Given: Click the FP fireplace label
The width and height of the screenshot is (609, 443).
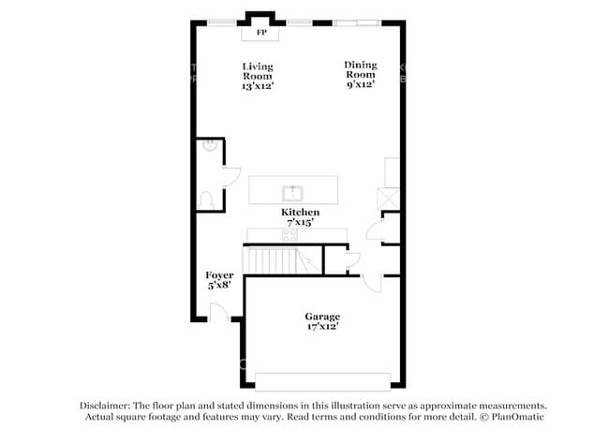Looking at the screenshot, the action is [261, 33].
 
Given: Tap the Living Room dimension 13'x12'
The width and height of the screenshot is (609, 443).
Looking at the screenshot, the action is [258, 86].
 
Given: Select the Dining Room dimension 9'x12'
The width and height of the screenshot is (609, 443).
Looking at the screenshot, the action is [361, 84].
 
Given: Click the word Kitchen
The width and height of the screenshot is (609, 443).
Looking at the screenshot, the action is [300, 212].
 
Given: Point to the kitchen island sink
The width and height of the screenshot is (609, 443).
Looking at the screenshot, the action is [292, 193].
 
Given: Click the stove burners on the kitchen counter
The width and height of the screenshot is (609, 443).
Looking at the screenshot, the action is [290, 234].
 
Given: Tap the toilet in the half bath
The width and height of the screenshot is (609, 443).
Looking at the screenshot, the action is [206, 200].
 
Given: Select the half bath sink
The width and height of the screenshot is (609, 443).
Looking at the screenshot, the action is [209, 145].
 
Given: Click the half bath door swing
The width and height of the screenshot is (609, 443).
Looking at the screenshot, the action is [231, 176].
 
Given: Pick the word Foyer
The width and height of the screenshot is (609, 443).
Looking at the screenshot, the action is [219, 275].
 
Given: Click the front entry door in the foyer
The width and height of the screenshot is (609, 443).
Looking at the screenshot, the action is [218, 312].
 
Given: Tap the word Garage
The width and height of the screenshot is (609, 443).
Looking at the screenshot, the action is [322, 317].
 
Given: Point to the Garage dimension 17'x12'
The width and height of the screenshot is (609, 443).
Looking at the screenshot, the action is [322, 327].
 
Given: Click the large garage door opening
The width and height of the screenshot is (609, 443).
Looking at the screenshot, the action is [322, 382].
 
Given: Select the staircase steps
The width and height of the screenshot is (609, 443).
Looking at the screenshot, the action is [282, 260].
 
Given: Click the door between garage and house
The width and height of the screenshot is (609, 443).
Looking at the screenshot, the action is [372, 283].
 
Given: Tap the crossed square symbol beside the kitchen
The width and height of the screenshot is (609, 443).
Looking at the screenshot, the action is [388, 199].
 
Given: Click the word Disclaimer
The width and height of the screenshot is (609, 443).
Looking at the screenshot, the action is [105, 406].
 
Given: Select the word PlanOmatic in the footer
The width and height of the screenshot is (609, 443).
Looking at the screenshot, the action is [517, 417].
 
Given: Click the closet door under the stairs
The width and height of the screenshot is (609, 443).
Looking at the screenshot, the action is [353, 259].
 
